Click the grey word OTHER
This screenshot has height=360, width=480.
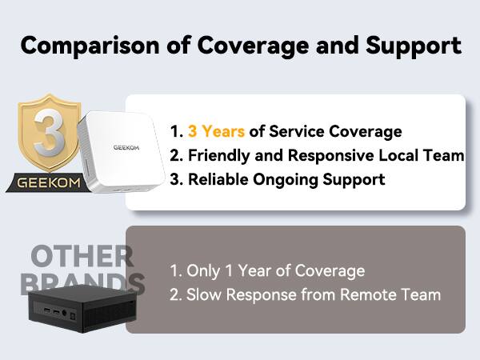(x=82, y=258)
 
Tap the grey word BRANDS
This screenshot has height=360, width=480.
(x=82, y=283)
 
